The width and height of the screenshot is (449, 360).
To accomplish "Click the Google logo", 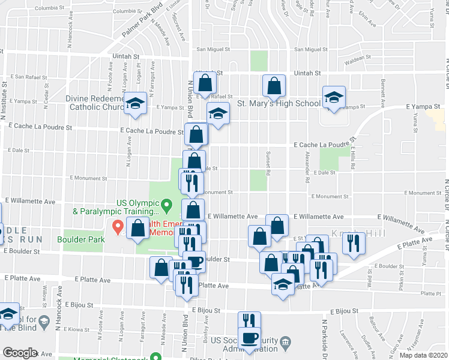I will tap(19, 352).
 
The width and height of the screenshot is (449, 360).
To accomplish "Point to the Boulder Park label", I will tap(81, 239).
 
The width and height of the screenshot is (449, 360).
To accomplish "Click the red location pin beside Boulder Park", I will tap(118, 227).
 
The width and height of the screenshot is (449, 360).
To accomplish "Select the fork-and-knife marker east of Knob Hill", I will tap(354, 242).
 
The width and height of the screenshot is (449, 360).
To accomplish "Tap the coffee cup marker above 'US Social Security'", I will tap(249, 339).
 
